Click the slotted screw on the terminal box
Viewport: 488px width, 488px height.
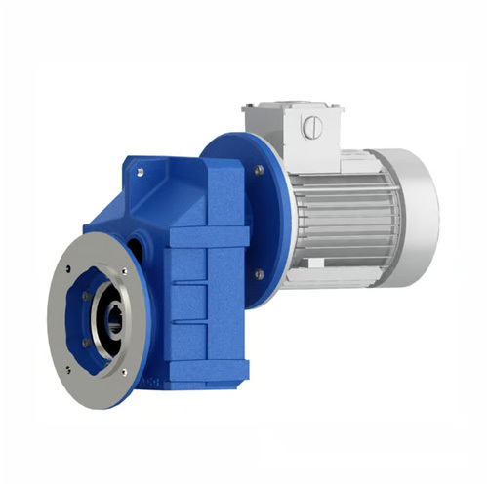pyautogui.click(x=311, y=127)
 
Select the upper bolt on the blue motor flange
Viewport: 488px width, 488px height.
pyautogui.click(x=259, y=170)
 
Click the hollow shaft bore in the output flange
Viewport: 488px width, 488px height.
pyautogui.click(x=110, y=320)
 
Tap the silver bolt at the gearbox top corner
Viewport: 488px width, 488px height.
pyautogui.click(x=142, y=173)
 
